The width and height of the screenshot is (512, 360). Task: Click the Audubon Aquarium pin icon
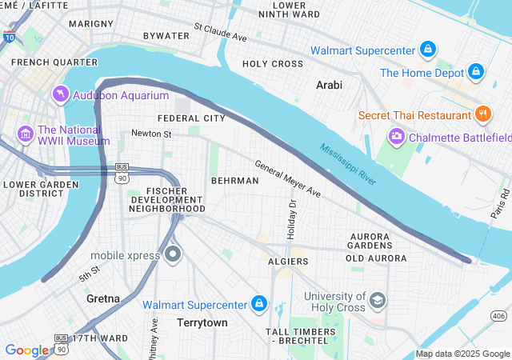tap(61, 95)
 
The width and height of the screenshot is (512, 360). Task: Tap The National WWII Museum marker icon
tap(25, 132)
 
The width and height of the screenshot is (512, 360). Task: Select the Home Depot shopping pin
tap(476, 72)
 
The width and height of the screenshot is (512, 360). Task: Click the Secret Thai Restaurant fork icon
tap(482, 114)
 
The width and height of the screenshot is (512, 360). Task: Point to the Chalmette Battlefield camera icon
tap(396, 137)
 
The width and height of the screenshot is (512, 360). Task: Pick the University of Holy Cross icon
tap(378, 301)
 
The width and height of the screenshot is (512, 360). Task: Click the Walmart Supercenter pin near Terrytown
tap(258, 304)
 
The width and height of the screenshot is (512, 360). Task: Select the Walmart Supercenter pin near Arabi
tap(428, 50)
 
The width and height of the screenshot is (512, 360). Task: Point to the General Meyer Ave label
tap(287, 178)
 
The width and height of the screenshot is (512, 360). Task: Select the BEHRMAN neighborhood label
tap(234, 181)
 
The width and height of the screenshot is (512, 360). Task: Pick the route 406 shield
tap(498, 316)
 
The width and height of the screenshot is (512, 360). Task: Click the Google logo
tap(26, 350)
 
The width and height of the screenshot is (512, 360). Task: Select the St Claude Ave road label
tap(220, 36)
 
